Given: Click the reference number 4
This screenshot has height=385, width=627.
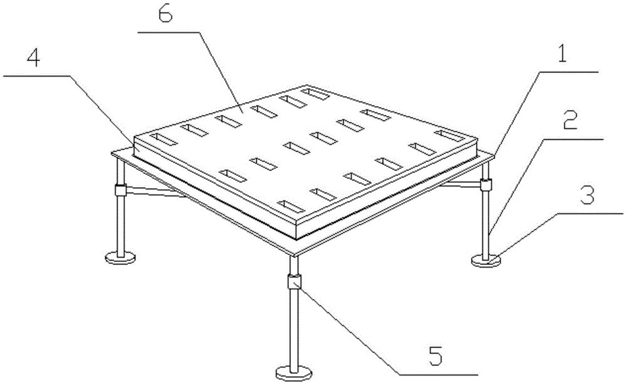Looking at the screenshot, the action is click(34, 58).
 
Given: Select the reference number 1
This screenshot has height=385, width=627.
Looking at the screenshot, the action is click(562, 55).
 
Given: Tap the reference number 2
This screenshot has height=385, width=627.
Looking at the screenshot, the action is click(570, 120).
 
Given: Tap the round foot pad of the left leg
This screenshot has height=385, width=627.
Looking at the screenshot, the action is click(120, 258).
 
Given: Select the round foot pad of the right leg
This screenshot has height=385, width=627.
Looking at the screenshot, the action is click(486, 261).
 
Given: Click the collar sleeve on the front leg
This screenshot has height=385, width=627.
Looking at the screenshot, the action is click(294, 281).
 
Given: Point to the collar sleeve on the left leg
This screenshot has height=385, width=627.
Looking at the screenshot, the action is click(120, 190).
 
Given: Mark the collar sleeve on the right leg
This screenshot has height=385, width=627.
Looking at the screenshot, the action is click(486, 185).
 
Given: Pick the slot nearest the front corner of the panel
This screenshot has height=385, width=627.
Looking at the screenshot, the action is click(293, 206).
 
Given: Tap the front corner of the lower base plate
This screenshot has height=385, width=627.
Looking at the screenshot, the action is click(295, 255).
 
